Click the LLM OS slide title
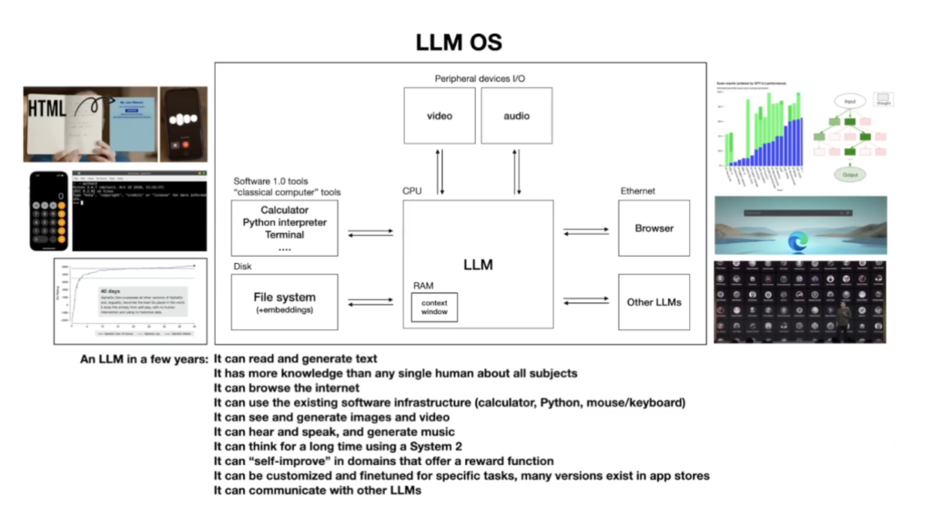click(x=459, y=42)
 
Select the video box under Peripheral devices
click(x=440, y=116)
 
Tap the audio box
click(x=516, y=116)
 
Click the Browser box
click(x=653, y=228)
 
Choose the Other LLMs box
click(x=653, y=301)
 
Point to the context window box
click(x=434, y=307)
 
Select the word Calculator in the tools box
click(x=284, y=210)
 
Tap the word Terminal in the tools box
click(x=284, y=235)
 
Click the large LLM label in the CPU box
click(x=478, y=265)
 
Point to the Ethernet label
click(x=637, y=191)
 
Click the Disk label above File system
click(x=242, y=267)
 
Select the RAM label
click(x=423, y=285)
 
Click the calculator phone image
click(x=48, y=210)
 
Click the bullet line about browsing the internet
click(x=287, y=388)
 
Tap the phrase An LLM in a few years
click(x=144, y=359)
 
